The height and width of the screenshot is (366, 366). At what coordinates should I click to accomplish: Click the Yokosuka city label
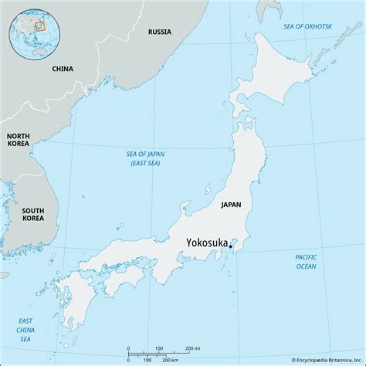[206, 242]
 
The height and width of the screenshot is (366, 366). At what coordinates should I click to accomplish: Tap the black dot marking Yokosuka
[231, 247]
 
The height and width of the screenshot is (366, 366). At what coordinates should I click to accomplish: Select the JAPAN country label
[230, 205]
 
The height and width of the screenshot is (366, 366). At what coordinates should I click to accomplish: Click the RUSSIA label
[160, 32]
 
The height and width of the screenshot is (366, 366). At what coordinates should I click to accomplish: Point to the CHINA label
[63, 69]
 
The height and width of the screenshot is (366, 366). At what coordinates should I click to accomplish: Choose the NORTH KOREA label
[19, 139]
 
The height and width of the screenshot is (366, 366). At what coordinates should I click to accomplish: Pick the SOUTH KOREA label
[32, 215]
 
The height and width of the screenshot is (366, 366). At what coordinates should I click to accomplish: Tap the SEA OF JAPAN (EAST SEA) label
[145, 158]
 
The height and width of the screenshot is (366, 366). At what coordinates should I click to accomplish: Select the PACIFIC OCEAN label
[306, 261]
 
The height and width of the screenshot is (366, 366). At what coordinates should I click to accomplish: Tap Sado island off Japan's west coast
[208, 188]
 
